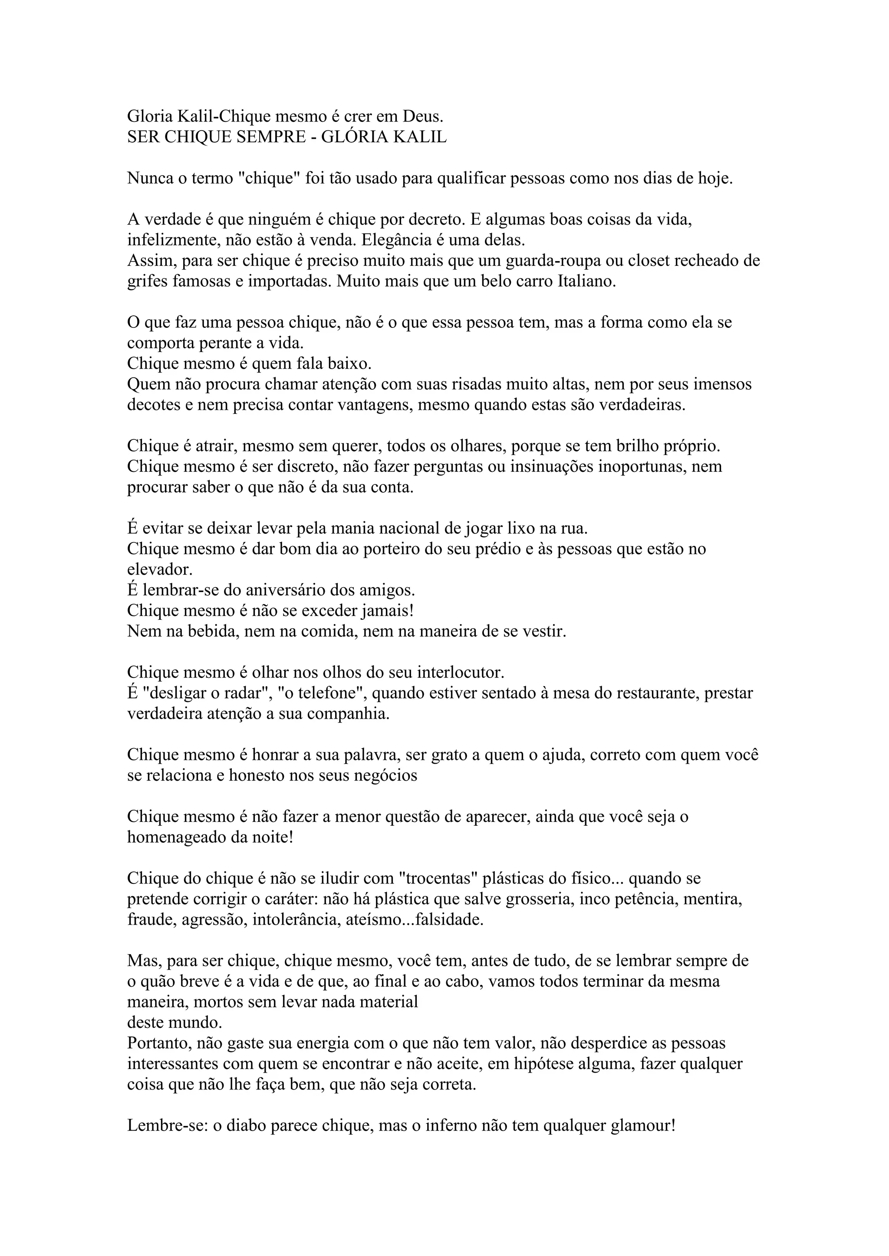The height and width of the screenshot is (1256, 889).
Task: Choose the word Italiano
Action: (587, 281)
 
